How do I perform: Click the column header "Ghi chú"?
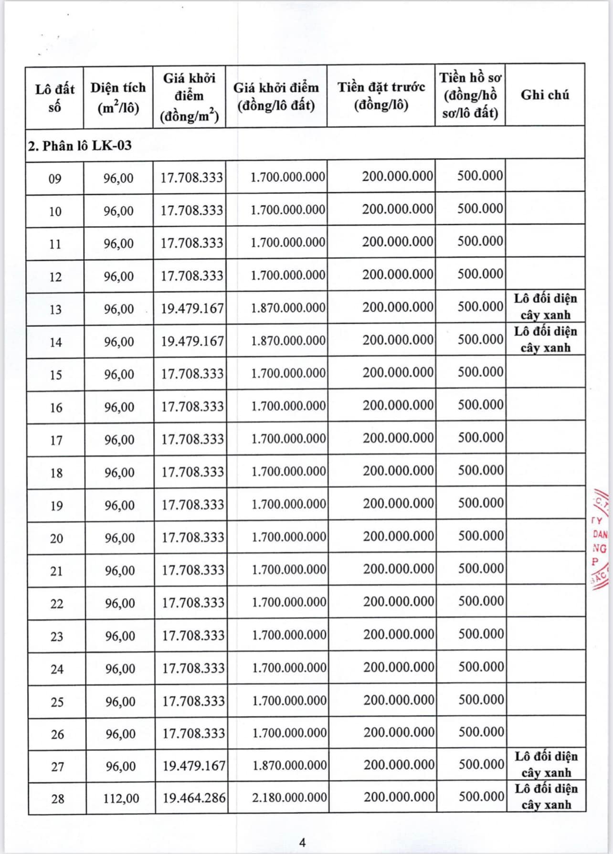click(545, 95)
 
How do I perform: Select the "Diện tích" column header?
click(118, 97)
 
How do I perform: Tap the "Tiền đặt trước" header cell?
click(381, 95)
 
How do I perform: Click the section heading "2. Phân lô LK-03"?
click(80, 146)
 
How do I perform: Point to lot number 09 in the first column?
click(55, 179)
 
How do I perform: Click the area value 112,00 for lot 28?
click(121, 798)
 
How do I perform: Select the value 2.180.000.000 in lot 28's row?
click(289, 797)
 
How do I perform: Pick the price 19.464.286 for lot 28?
click(194, 797)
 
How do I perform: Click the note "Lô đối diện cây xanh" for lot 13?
click(545, 306)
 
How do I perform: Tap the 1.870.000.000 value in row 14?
click(288, 340)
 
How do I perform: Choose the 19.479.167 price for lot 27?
click(194, 766)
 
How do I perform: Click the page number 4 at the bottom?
click(302, 843)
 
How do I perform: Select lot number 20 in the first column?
click(56, 538)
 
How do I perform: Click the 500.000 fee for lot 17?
click(481, 438)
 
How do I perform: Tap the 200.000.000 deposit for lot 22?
click(399, 601)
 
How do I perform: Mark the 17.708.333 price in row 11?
click(192, 243)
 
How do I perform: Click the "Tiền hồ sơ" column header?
click(470, 95)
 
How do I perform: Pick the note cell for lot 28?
click(546, 797)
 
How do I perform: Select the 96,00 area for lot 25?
click(120, 702)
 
